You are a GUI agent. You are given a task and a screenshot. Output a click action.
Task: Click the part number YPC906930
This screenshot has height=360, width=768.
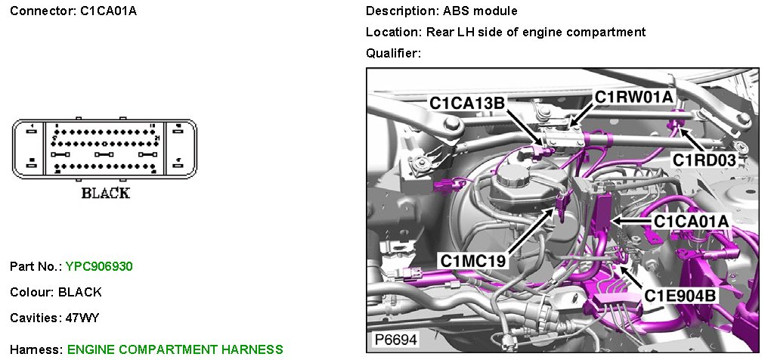(99, 266)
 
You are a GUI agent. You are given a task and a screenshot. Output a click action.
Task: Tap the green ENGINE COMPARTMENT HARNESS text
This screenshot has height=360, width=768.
(175, 349)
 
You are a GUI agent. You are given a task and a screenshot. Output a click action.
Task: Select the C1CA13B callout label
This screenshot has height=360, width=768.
(467, 103)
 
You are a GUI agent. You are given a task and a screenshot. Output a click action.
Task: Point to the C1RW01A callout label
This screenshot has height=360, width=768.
(633, 98)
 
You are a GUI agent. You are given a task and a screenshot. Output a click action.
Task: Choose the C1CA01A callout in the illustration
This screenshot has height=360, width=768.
(691, 221)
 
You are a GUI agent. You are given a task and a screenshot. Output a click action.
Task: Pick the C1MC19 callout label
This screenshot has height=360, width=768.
(474, 260)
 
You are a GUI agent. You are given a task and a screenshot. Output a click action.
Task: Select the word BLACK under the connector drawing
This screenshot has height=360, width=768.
(105, 193)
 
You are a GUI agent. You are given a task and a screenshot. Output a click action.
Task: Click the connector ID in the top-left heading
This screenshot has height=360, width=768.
(109, 11)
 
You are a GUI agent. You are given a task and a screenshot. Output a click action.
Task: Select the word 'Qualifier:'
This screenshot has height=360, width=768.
(392, 53)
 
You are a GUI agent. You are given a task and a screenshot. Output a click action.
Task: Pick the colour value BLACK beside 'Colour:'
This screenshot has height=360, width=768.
(79, 292)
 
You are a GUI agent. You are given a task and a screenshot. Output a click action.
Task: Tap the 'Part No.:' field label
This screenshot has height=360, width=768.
(36, 266)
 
